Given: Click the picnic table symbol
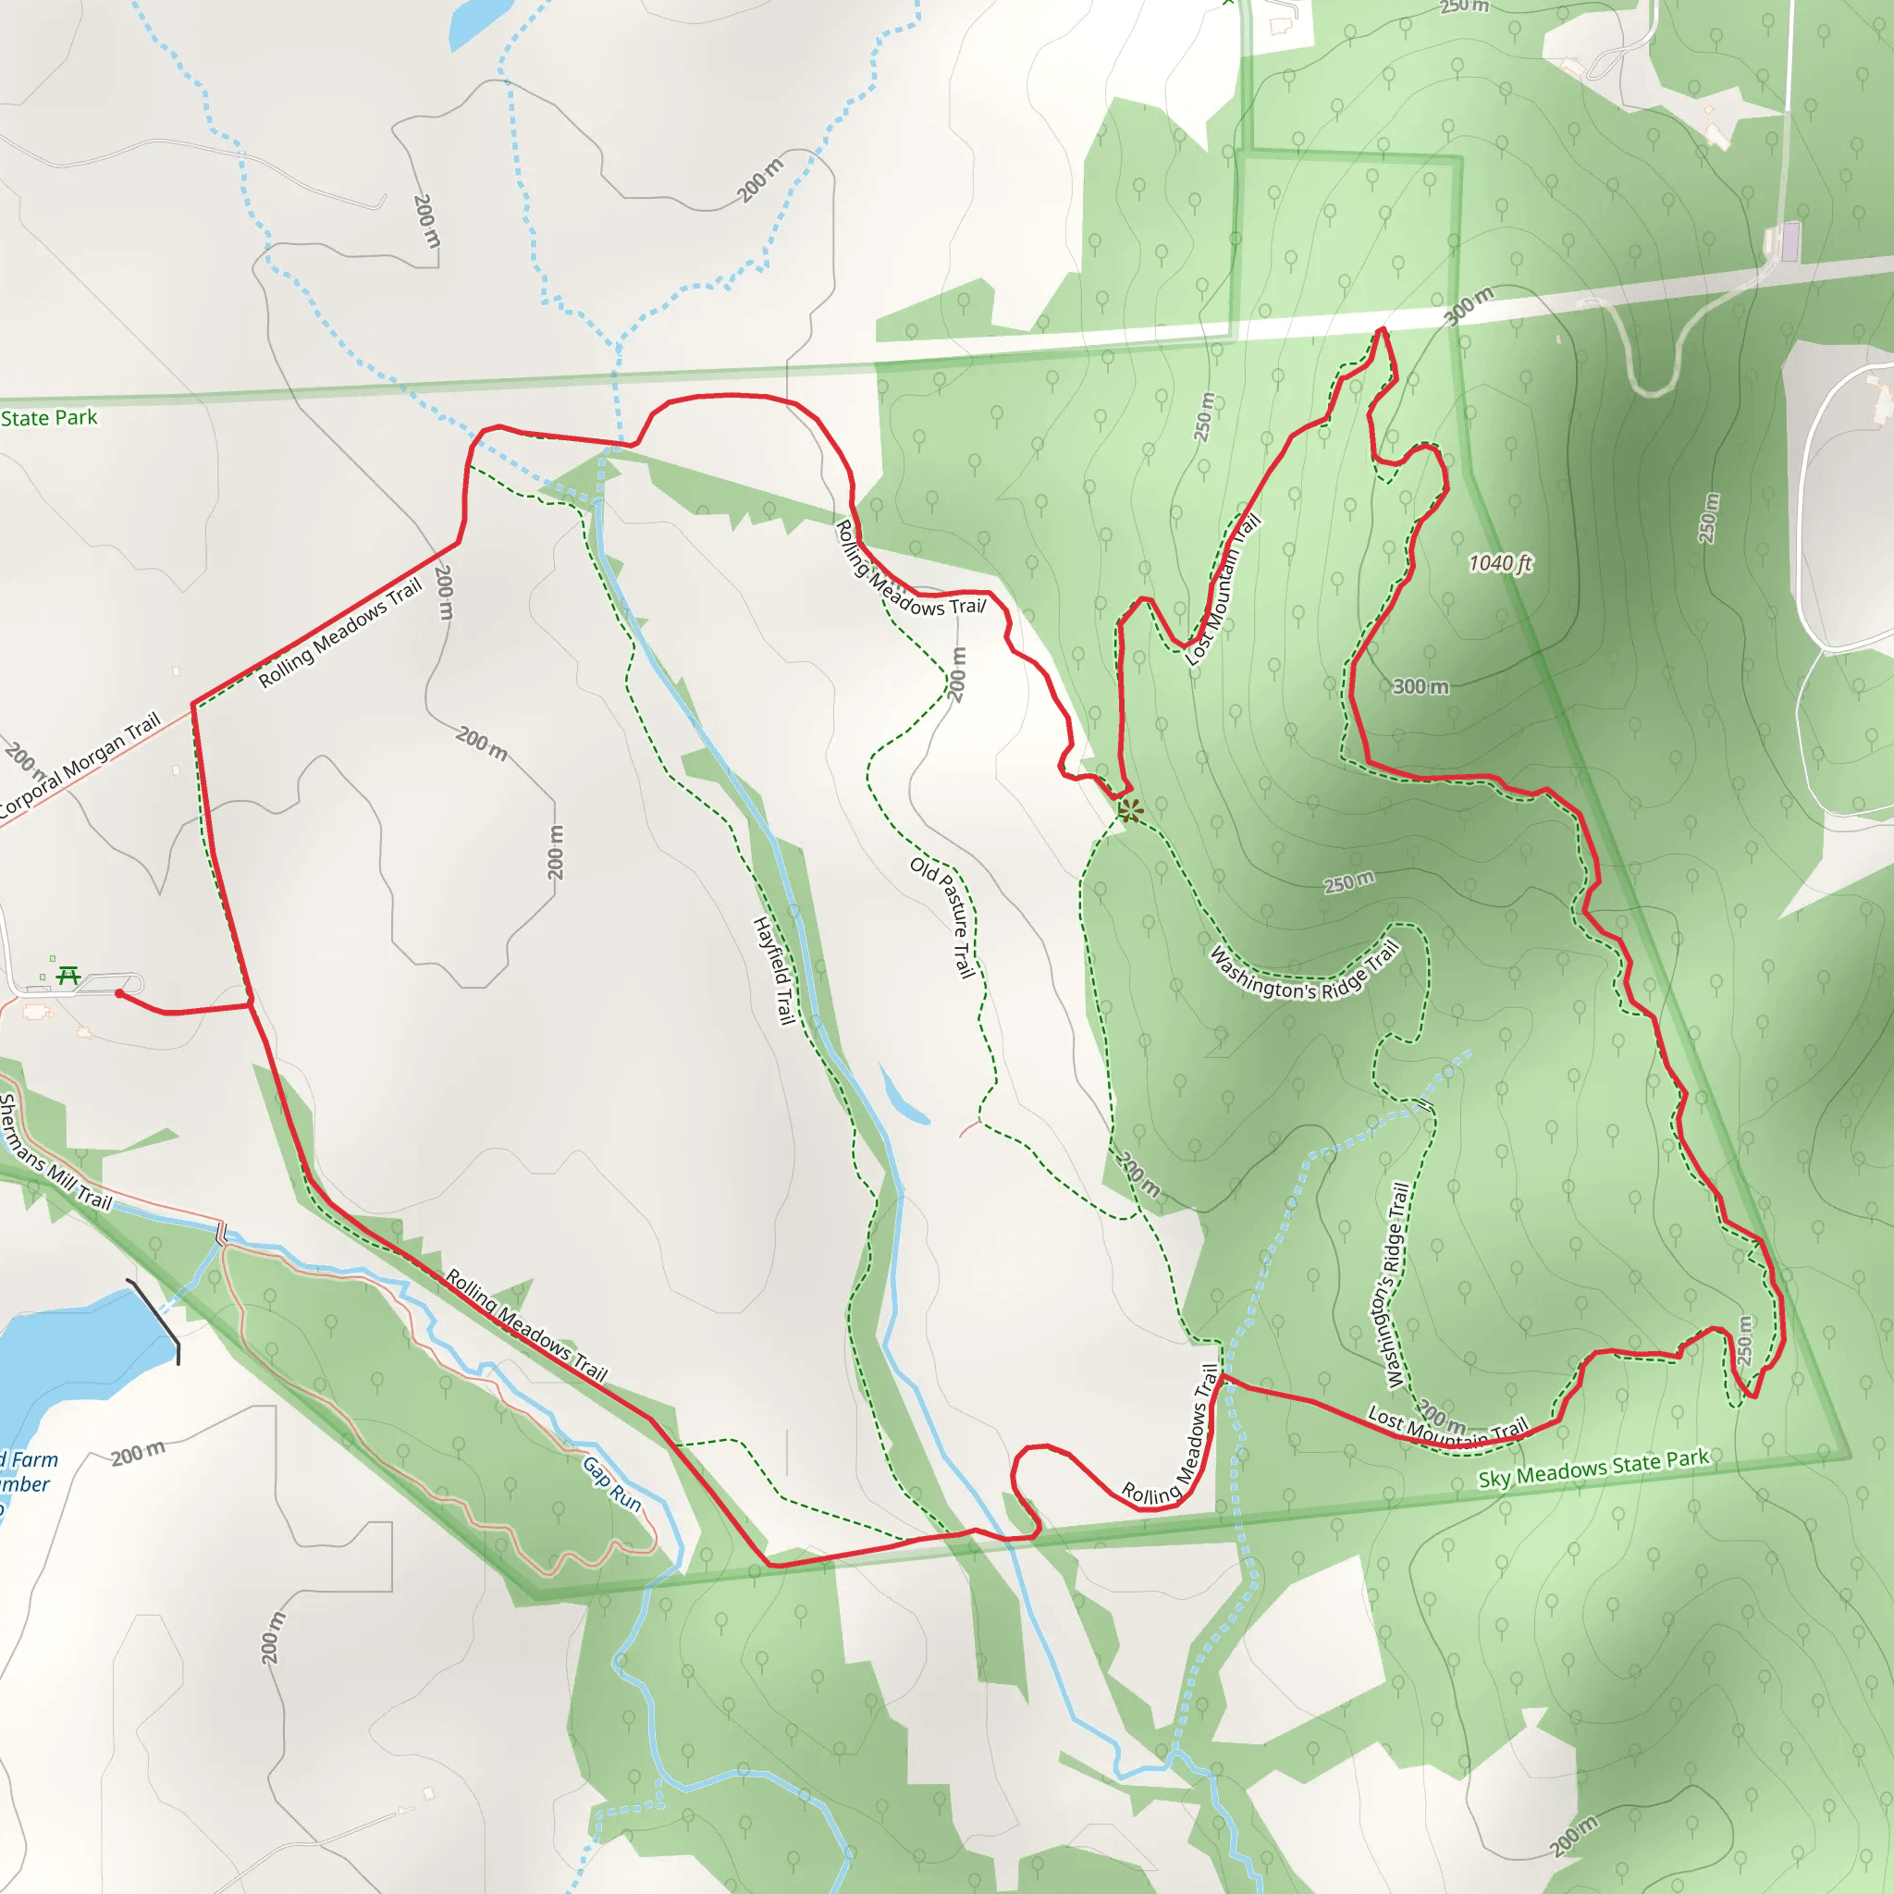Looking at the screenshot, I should (68, 975).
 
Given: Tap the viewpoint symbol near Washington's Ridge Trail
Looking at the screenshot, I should (1130, 810).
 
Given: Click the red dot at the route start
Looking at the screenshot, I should (119, 993).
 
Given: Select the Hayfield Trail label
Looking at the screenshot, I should (773, 970).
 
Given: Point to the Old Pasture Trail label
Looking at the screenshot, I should (944, 916).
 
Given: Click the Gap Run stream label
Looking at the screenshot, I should (611, 1483).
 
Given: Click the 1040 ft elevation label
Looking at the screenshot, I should (1499, 562).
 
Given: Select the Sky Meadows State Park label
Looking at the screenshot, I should (1593, 1468).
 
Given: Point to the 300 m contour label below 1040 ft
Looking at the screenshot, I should (1420, 686).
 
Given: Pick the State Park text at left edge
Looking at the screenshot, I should (49, 418).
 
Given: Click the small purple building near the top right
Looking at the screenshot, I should (1790, 241).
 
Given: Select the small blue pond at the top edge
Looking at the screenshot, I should (480, 21).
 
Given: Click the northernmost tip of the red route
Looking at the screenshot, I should (1383, 329).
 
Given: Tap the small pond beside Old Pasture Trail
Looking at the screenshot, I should (903, 1099).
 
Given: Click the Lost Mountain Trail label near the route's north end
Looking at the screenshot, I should (1223, 590).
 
